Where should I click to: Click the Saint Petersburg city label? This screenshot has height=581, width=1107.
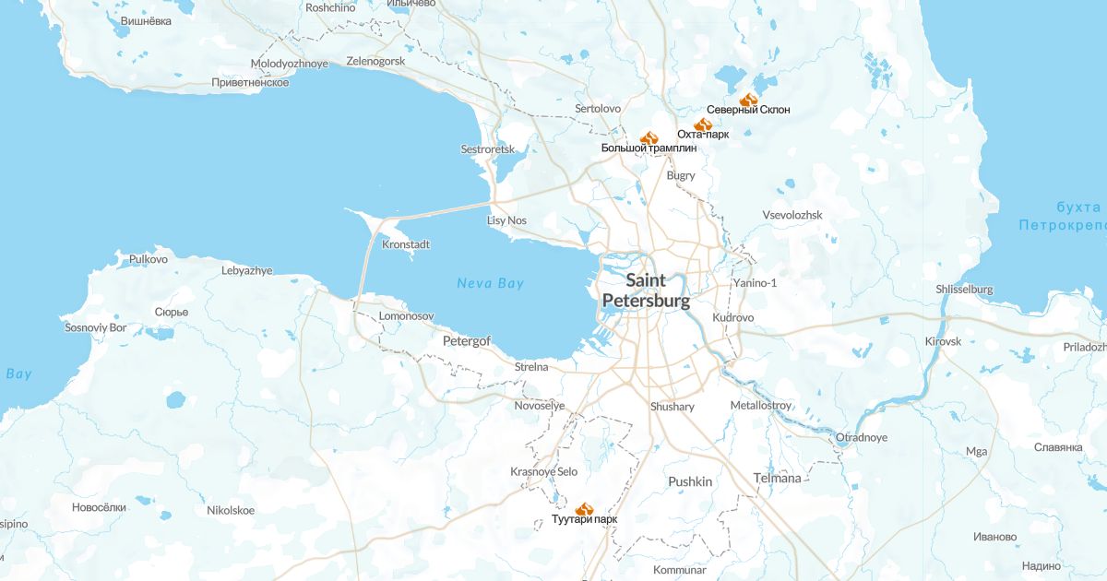[645, 290]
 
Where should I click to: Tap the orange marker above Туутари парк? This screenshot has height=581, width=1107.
[584, 508]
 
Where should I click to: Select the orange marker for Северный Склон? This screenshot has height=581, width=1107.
[748, 99]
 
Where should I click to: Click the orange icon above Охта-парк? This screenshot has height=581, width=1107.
[702, 124]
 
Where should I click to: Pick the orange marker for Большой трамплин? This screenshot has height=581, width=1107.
[649, 136]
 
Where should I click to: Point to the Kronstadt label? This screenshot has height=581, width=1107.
[406, 245]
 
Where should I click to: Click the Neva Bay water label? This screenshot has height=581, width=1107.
[490, 283]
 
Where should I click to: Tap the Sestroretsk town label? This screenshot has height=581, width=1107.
[487, 149]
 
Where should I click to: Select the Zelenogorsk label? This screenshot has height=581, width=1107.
[375, 61]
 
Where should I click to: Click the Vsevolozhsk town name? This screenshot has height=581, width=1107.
[792, 215]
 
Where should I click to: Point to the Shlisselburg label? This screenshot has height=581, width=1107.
[964, 290]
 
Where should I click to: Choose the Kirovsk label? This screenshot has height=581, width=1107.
[943, 341]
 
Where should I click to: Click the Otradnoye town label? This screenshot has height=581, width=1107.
[861, 437]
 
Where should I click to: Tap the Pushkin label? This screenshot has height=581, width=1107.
[690, 481]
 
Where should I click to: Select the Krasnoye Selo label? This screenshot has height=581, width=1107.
[543, 472]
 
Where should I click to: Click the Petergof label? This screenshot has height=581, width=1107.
[467, 341]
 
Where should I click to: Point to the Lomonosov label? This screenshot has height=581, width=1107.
[406, 316]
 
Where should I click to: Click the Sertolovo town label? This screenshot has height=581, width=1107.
[598, 109]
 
